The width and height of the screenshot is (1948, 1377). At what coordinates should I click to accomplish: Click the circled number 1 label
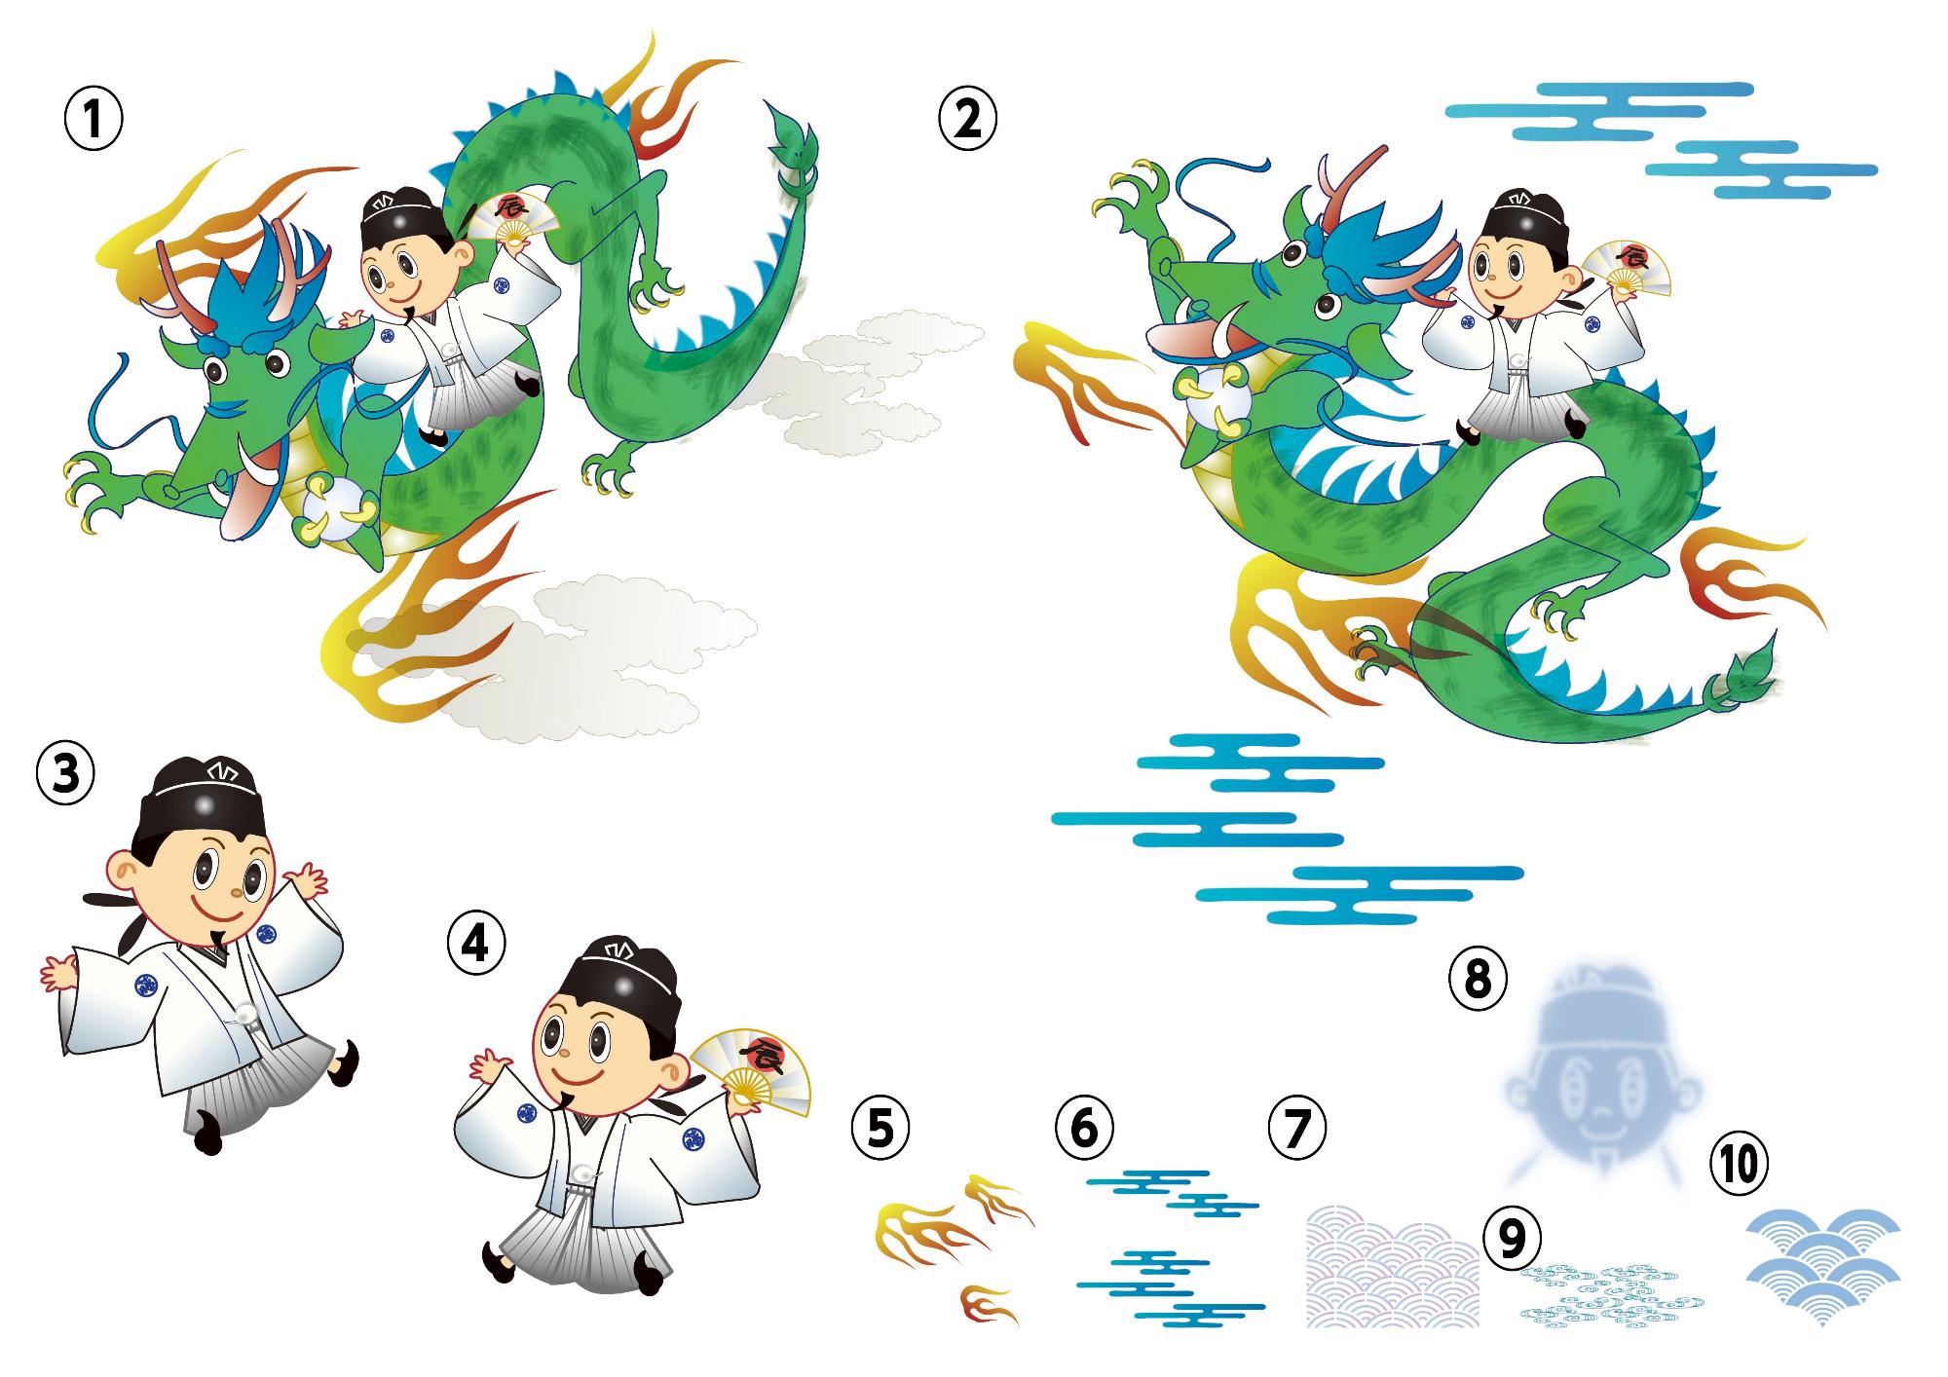[94, 120]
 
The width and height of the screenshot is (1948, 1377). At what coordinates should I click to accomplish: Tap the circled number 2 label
[967, 120]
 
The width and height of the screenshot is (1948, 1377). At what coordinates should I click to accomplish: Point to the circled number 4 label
[476, 943]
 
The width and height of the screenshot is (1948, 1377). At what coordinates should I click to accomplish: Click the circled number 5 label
[880, 1127]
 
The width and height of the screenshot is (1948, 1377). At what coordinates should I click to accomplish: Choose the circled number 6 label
[1084, 1127]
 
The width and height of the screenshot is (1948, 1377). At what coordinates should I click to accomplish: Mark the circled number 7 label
[1297, 1127]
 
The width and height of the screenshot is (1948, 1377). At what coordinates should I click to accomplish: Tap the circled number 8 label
[1478, 978]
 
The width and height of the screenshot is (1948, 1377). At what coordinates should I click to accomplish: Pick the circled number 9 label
[1513, 1237]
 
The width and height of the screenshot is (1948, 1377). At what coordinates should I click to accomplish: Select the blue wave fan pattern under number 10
[1821, 1266]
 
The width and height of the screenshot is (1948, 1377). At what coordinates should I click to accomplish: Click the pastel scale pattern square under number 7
[1393, 1266]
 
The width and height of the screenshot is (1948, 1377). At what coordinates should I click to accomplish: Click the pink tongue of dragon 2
[1193, 336]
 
